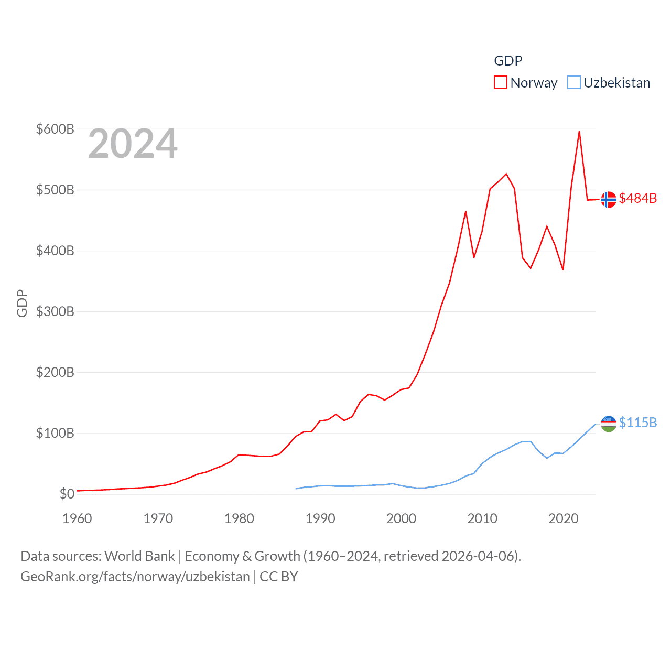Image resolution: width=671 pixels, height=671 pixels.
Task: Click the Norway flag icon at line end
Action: coord(609,200)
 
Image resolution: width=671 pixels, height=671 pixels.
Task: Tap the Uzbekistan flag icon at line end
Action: coord(609,424)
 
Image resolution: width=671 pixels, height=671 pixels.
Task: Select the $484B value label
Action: coord(637,198)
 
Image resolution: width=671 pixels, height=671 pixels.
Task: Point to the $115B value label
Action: coord(637,423)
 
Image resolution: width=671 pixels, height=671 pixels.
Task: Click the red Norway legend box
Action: coord(501,83)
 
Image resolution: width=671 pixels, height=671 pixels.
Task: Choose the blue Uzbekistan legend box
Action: coord(574,83)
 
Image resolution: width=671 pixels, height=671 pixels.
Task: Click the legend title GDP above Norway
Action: coord(508,61)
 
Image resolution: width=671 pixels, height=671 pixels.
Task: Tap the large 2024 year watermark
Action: coord(133,144)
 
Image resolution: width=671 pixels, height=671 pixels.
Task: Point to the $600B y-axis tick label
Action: coord(55,129)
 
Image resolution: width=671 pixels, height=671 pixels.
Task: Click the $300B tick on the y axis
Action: coord(55,311)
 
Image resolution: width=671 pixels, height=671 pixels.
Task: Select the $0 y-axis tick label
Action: coord(67,494)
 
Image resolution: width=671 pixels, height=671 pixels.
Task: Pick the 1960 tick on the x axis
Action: coord(77,518)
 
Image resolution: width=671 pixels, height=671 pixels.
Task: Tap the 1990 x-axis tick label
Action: coord(320,518)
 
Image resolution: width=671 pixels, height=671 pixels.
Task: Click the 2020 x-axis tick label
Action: coord(563,518)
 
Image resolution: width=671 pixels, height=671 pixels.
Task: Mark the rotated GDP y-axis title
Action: coord(22,303)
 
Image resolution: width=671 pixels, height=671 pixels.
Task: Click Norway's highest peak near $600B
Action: coord(579,132)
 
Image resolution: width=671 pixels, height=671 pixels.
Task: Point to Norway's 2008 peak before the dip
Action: coord(466,212)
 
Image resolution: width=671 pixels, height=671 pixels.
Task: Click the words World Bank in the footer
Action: coord(139,556)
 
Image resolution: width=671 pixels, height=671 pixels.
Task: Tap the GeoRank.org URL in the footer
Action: coord(135,577)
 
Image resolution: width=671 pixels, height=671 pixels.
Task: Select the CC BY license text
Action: coord(279,577)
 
